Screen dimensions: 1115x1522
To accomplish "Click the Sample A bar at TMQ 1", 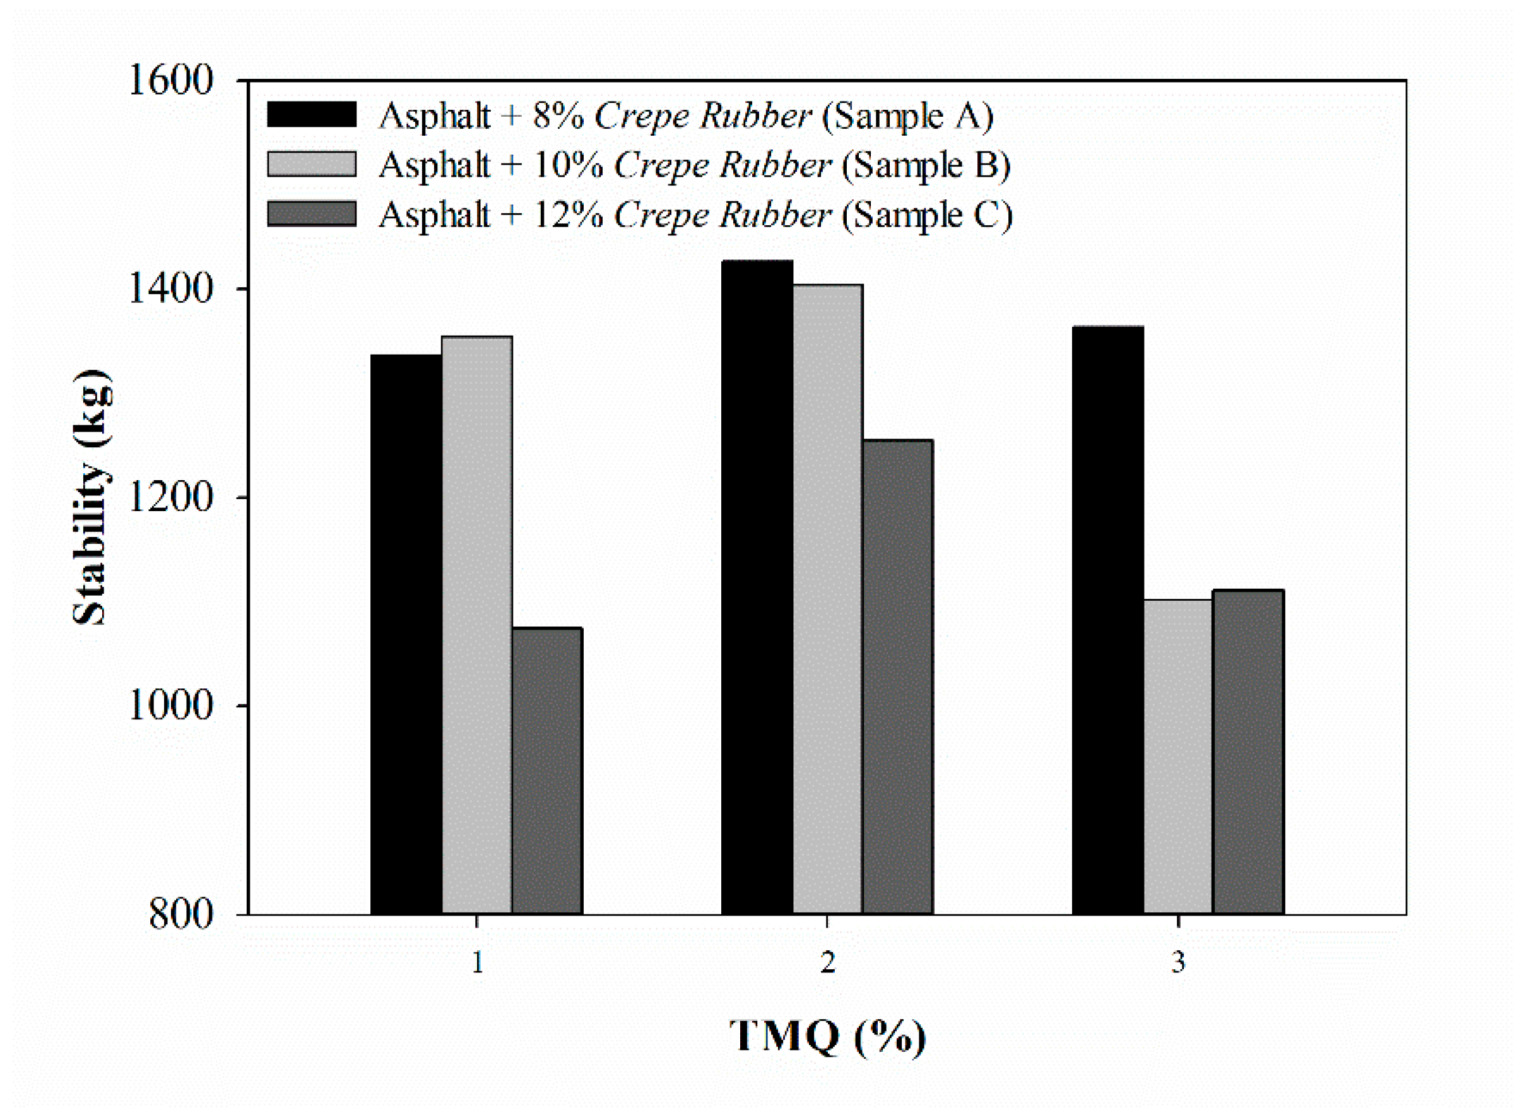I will (406, 634).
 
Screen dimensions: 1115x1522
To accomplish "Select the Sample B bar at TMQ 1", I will (476, 625).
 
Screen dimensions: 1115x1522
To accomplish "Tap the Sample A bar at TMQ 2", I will (757, 587).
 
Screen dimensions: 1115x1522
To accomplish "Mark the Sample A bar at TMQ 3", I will (1107, 620).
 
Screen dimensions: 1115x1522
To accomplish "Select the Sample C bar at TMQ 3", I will (1248, 752).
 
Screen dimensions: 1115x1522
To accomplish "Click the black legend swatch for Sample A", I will (311, 115).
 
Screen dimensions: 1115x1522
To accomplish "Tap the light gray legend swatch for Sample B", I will (311, 164).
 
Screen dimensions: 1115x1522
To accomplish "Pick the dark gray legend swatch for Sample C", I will (311, 214).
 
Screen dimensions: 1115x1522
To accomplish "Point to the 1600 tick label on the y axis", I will (170, 80).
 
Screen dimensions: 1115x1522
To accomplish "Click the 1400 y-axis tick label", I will (170, 289).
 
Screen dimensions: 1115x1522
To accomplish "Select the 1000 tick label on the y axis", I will (170, 706).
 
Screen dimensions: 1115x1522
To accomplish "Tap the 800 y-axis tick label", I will (180, 914).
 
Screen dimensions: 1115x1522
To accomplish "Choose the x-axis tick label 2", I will (827, 962).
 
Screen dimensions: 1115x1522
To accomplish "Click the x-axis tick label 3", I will (1177, 962).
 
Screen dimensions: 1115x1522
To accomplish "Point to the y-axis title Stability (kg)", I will (90, 497).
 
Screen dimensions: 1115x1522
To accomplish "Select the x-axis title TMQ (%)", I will (827, 1037).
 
